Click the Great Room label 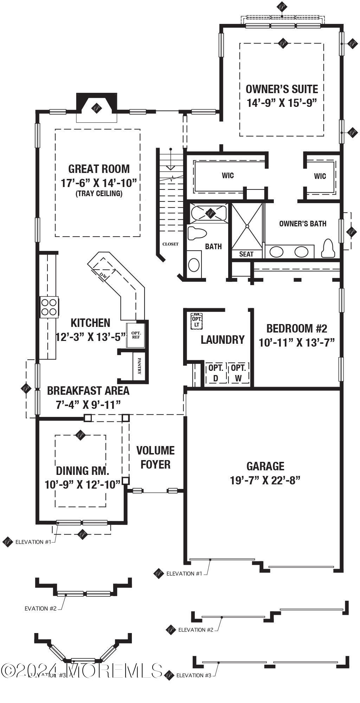point(99,169)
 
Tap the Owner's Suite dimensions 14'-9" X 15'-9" point(282,103)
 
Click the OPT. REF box point(135,335)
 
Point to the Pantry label point(140,366)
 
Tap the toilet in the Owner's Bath point(327,249)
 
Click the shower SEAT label point(246,254)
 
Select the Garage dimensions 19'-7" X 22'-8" point(265,480)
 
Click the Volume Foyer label point(155,457)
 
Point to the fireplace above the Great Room point(97,107)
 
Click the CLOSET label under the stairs point(170,244)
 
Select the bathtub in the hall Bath point(209,213)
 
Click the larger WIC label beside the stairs point(228,175)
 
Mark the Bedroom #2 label point(297,329)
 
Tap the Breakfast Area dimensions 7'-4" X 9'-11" point(88,405)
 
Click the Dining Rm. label point(82,471)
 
